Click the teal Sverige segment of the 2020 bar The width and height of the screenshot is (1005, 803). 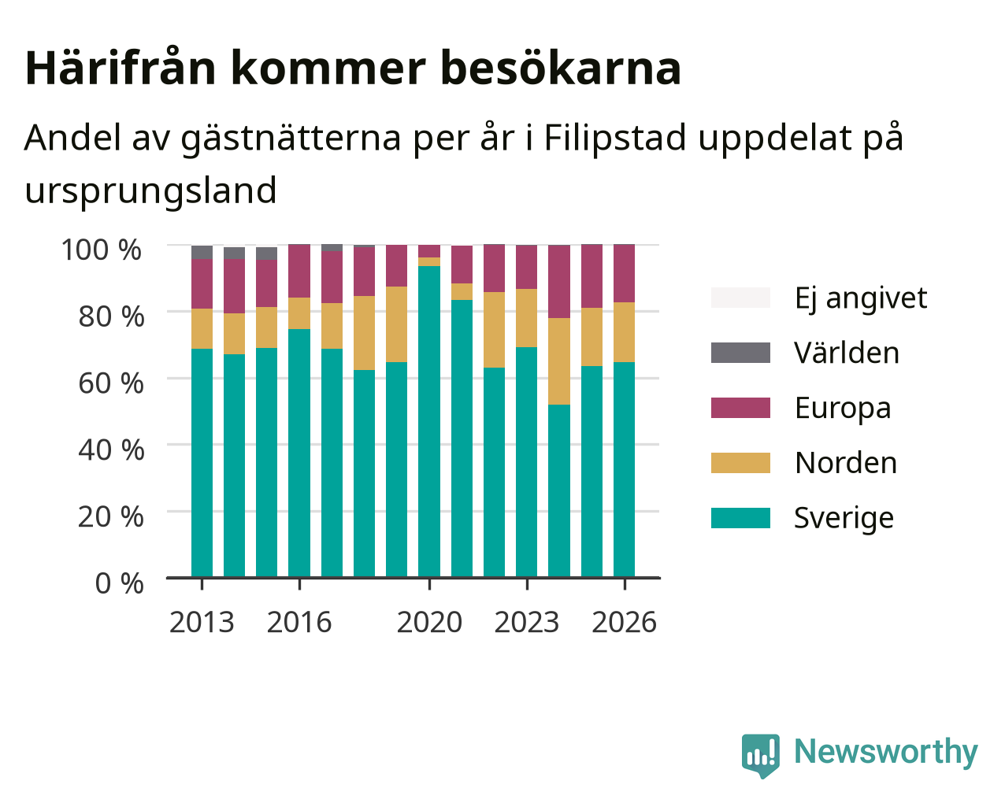coord(428,421)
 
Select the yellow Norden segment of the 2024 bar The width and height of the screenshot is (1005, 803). coord(559,361)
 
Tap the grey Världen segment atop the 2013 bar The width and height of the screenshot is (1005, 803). coord(202,252)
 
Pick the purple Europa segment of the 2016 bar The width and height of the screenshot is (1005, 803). coord(299,271)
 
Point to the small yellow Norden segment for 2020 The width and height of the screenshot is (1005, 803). coord(428,261)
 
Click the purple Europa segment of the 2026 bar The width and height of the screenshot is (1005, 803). coord(624,273)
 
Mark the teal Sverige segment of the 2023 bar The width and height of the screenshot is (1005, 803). coord(526,461)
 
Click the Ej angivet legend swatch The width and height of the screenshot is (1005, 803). coord(740,298)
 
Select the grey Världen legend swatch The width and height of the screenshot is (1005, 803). coord(740,353)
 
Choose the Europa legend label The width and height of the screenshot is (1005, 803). coord(843,408)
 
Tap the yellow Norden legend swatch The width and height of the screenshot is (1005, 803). coord(740,463)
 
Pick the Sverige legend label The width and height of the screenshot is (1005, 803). coord(844,518)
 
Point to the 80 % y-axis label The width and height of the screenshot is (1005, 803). coord(111,316)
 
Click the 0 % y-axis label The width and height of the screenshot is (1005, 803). coord(119,583)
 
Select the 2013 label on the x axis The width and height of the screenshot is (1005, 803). coord(202,622)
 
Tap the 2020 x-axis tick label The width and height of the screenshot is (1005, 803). coord(429,622)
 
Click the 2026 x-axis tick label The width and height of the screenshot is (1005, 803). coord(624,622)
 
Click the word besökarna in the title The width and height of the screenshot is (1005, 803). coord(561,68)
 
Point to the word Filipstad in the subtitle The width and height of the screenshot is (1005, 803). coord(614,139)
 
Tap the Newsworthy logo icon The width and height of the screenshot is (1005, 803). coord(760,755)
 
